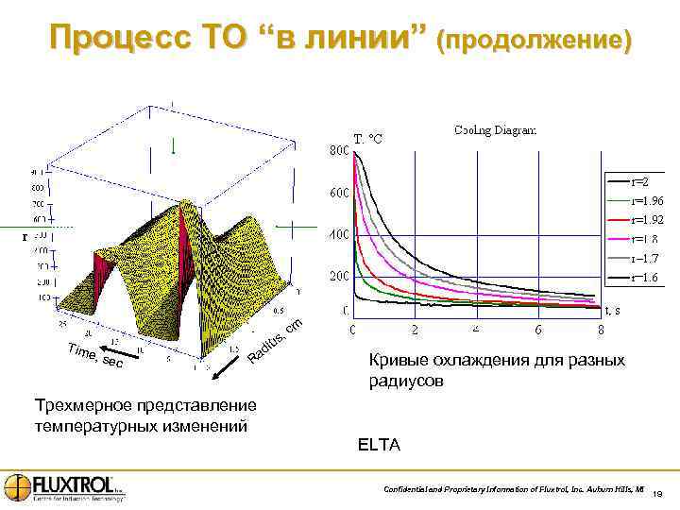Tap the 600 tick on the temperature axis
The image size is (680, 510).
[x=337, y=194]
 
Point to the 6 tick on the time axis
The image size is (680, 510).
[x=538, y=330]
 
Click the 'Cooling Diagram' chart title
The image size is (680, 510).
[x=496, y=130]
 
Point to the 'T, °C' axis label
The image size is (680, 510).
[x=367, y=140]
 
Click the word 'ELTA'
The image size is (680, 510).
[x=379, y=445]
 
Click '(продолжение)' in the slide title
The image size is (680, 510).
[x=533, y=41]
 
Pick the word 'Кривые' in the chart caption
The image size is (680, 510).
[x=398, y=361]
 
